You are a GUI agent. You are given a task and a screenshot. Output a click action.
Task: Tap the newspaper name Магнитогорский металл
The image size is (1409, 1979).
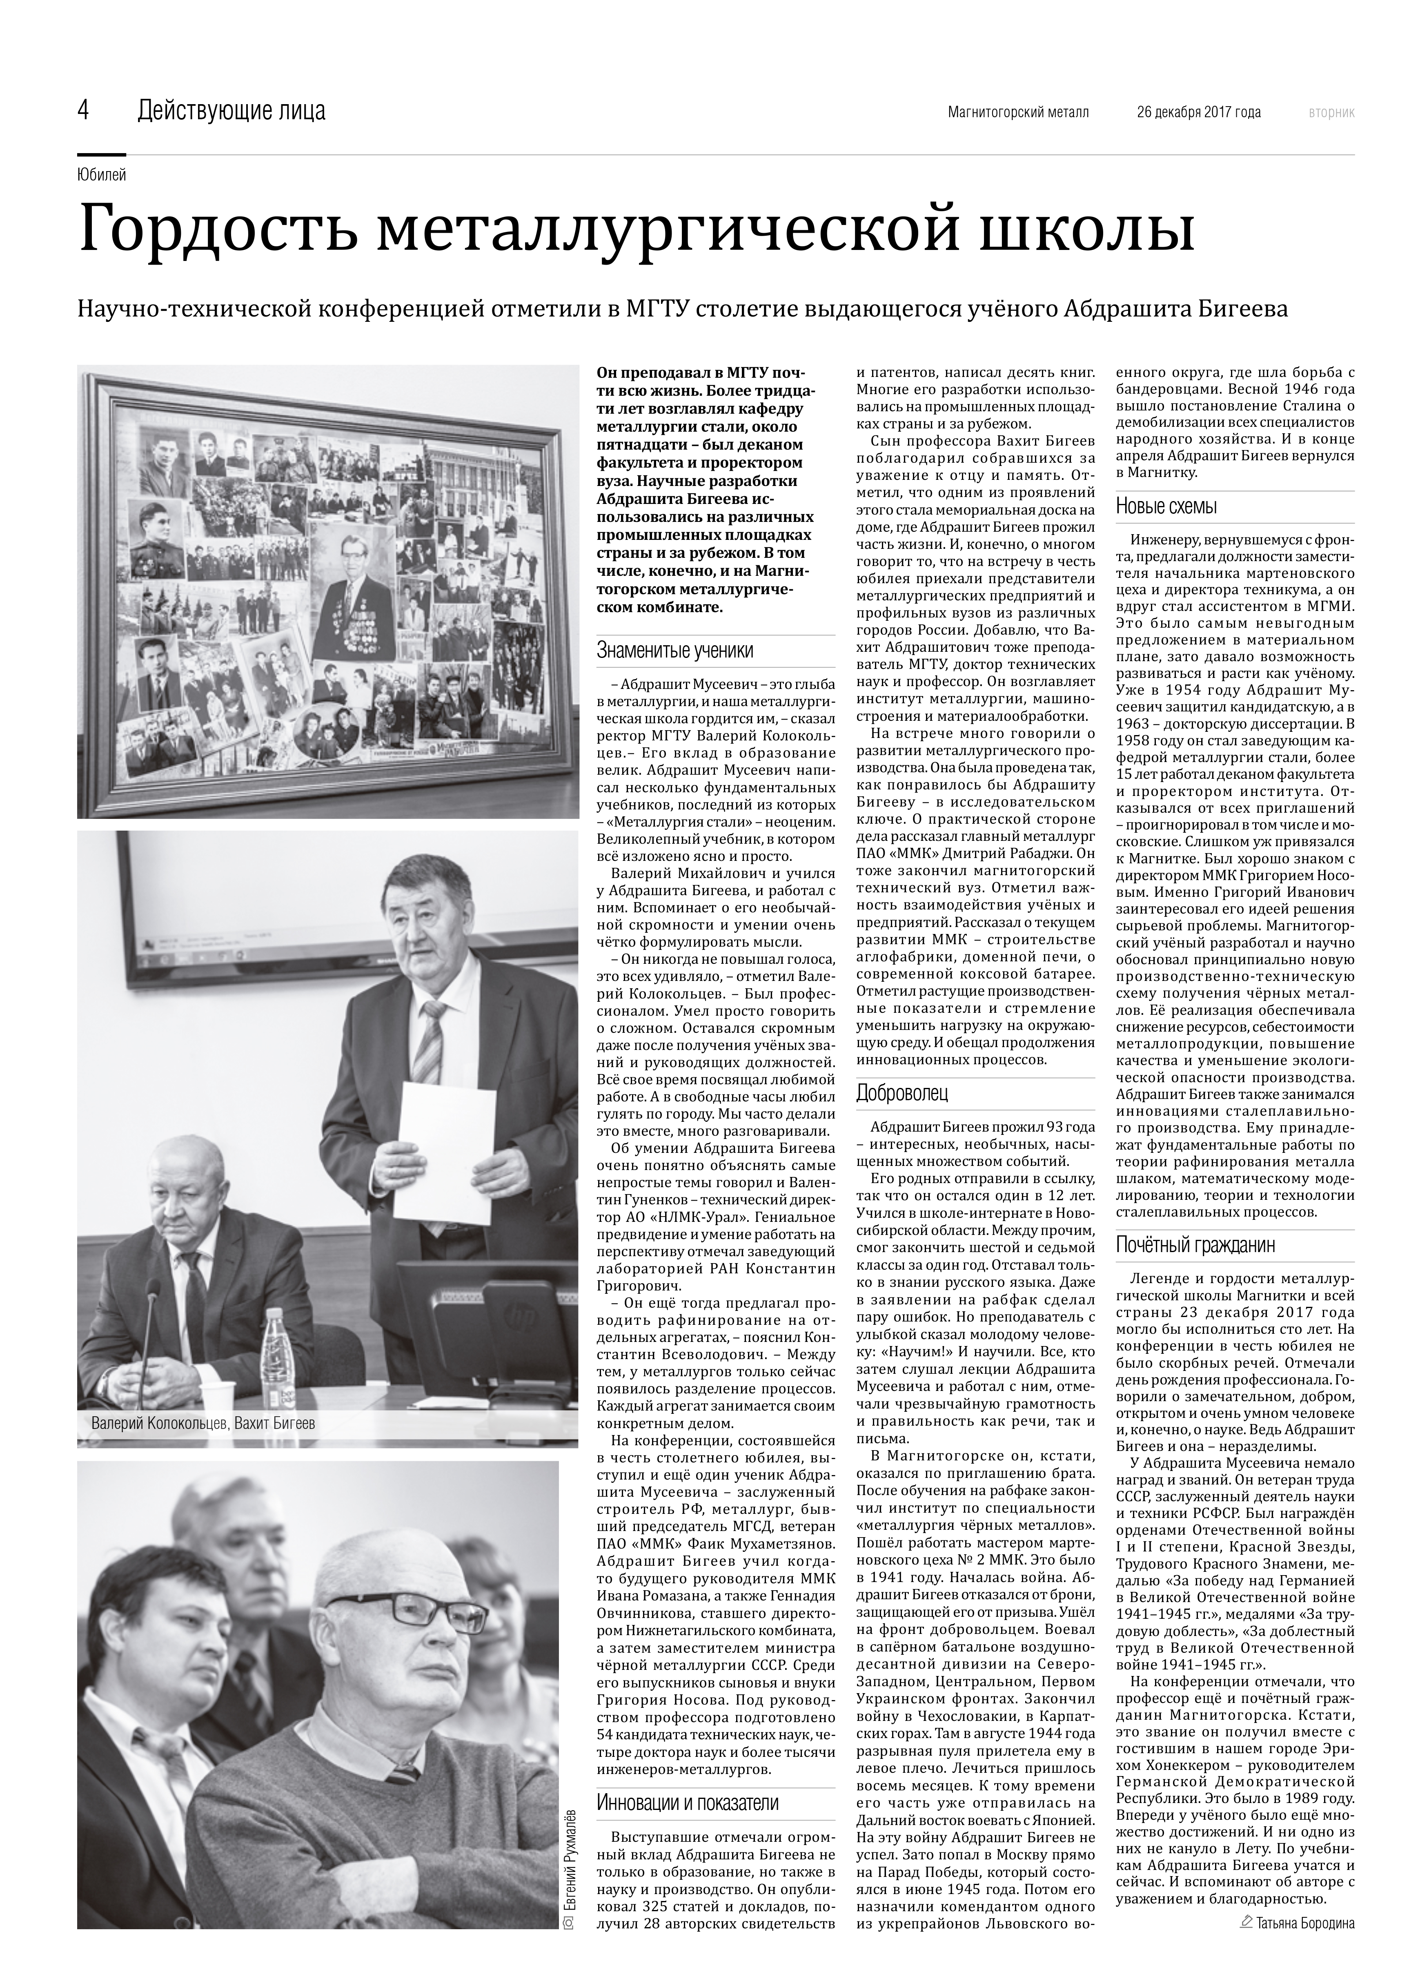1018,112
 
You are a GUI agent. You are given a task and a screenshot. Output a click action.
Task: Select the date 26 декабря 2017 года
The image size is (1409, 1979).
1198,112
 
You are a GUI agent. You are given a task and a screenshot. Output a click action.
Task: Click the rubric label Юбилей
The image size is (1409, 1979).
102,175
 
